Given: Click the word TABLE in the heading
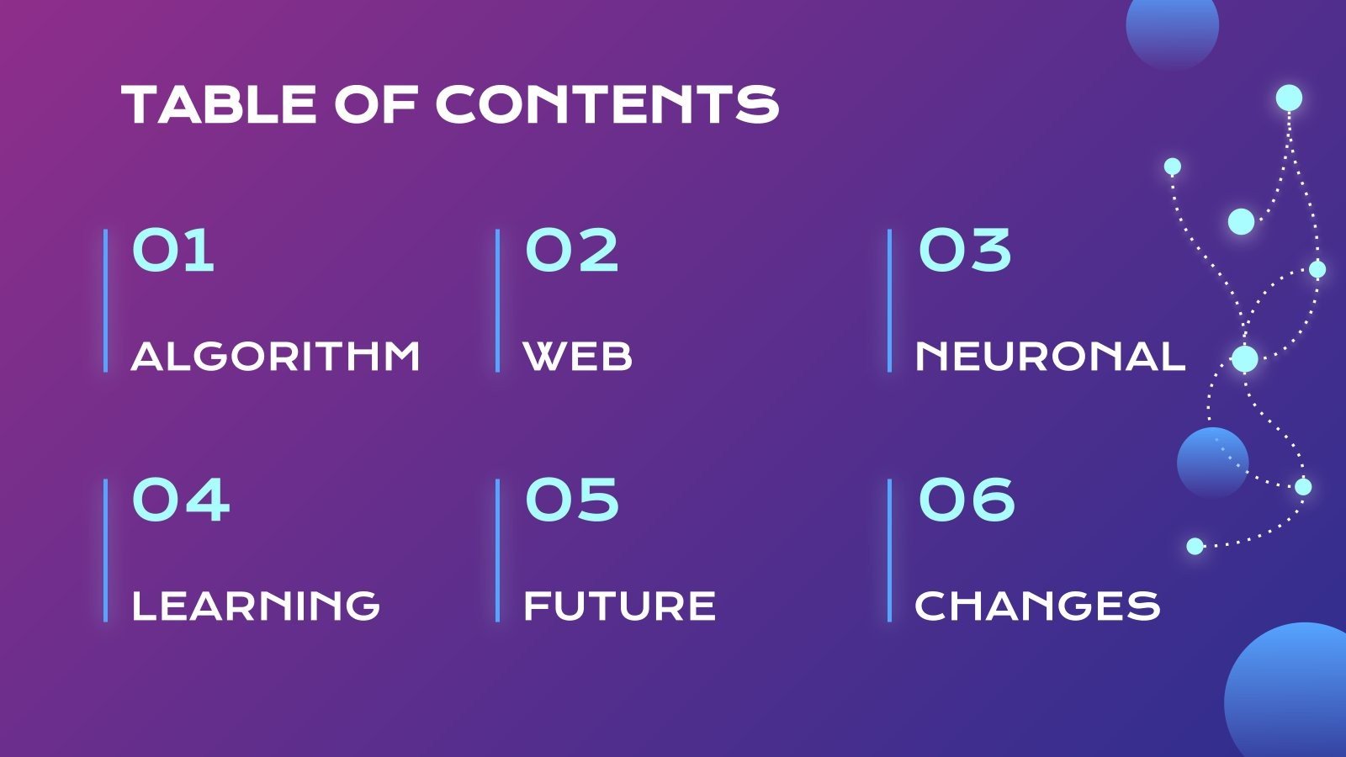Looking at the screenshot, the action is [219, 104].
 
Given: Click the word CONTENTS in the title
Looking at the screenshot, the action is [607, 104].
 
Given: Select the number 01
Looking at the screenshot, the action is [173, 250].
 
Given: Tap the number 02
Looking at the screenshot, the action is [571, 250].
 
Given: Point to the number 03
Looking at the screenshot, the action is [965, 250].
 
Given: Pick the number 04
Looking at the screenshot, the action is [181, 499].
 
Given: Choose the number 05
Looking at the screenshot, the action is [572, 499].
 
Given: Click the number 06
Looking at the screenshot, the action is [967, 499].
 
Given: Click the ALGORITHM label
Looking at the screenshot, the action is [275, 357].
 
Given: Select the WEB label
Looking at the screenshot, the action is [577, 357].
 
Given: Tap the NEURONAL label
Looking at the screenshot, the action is [1050, 357].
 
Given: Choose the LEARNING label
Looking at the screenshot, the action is [256, 605].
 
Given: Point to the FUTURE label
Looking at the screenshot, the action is [619, 605].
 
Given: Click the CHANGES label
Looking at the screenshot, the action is [1037, 605].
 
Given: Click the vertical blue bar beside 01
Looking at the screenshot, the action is [106, 300].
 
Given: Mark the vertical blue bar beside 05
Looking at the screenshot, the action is [497, 550].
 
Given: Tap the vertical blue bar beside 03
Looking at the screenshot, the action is [890, 300].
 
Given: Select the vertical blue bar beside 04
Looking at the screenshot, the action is [106, 550].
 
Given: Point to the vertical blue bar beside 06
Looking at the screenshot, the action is [890, 550].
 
